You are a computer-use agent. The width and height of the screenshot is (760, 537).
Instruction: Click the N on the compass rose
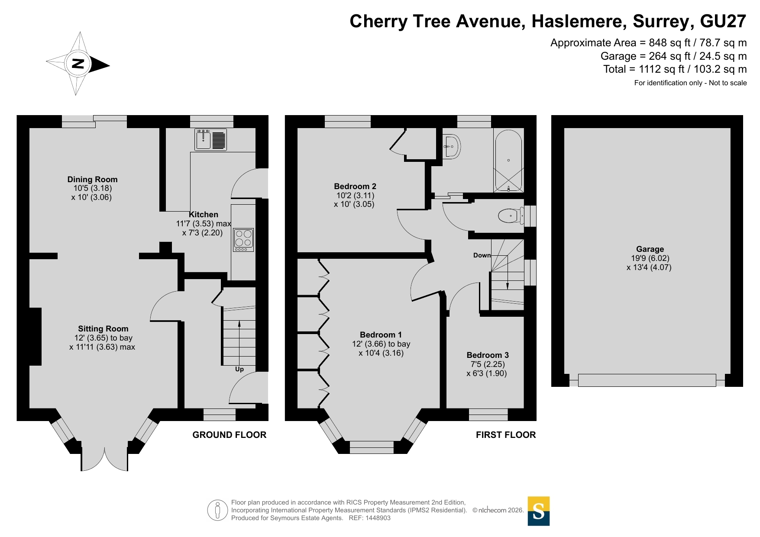[78, 64]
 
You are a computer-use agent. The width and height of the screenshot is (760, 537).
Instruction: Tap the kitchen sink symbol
[210, 140]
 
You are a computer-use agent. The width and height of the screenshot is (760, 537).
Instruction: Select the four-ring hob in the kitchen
[243, 240]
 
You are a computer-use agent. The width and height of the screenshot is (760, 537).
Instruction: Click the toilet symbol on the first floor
[511, 215]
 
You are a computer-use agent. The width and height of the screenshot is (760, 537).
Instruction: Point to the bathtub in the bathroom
[508, 160]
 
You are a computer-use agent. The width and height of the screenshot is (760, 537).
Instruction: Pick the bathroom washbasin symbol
[452, 146]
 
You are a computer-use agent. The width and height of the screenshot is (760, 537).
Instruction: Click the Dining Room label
[92, 179]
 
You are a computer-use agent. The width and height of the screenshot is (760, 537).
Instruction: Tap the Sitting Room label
[103, 328]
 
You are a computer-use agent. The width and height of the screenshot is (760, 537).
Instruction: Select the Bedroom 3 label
[488, 355]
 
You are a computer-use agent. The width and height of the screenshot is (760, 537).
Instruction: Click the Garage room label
[650, 249]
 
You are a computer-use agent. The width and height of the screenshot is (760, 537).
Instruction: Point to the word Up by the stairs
[239, 369]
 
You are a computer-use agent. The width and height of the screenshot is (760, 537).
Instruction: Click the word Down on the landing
[482, 255]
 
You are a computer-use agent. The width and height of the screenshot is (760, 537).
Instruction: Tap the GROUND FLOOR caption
[230, 435]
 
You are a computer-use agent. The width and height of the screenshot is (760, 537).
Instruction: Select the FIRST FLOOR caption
[506, 435]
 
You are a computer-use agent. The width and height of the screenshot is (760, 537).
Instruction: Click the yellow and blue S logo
[539, 511]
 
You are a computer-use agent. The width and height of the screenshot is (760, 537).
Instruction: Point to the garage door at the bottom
[647, 380]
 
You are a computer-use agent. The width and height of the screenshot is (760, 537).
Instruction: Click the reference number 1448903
[378, 518]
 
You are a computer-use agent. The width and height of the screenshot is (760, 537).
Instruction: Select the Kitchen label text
[204, 214]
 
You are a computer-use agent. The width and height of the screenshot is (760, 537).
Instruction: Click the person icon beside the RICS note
[217, 510]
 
